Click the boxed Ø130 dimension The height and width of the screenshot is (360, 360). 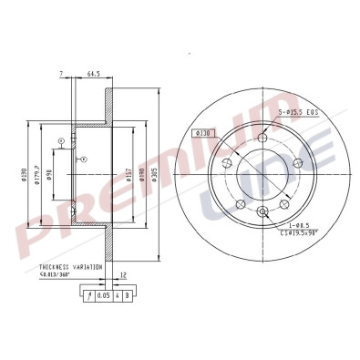[x=203, y=133]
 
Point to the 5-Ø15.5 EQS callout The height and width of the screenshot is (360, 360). [x=296, y=112]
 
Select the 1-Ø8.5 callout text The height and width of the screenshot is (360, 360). [x=297, y=223]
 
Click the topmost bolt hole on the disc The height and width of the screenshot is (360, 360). [x=263, y=138]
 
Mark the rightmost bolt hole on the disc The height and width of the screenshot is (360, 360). [x=297, y=162]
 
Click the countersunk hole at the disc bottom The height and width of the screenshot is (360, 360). [x=262, y=213]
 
